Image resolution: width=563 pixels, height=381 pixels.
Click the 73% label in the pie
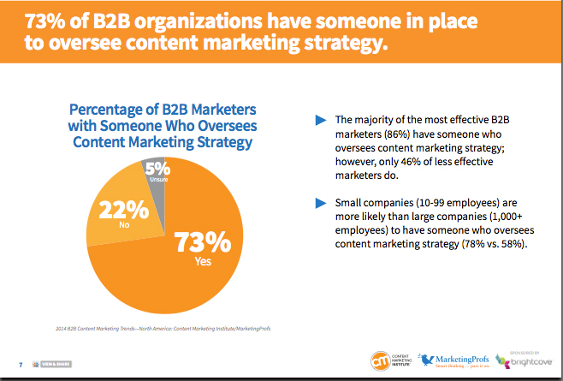pos(204,241)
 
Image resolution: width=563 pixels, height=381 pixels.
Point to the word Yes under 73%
pos(204,262)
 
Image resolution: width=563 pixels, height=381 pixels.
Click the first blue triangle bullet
pos(321,119)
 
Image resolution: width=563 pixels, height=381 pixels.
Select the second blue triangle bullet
pos(321,202)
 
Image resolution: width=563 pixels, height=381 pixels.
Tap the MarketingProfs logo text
pos(463,358)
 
